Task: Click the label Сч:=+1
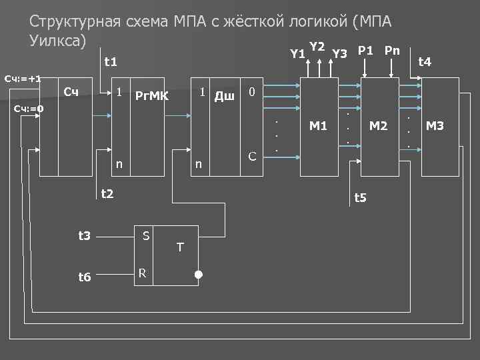click(x=23, y=79)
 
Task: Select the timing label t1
click(x=111, y=62)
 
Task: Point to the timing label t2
click(x=107, y=194)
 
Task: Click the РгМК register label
click(x=152, y=95)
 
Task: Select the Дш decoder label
click(x=224, y=96)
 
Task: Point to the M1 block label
click(x=319, y=125)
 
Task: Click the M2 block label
click(x=379, y=125)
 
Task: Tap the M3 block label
click(x=435, y=125)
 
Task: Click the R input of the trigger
click(x=141, y=273)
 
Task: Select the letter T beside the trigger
click(x=180, y=247)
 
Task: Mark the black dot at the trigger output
click(x=198, y=275)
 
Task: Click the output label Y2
click(x=317, y=47)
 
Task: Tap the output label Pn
click(x=393, y=50)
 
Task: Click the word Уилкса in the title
click(x=58, y=40)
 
